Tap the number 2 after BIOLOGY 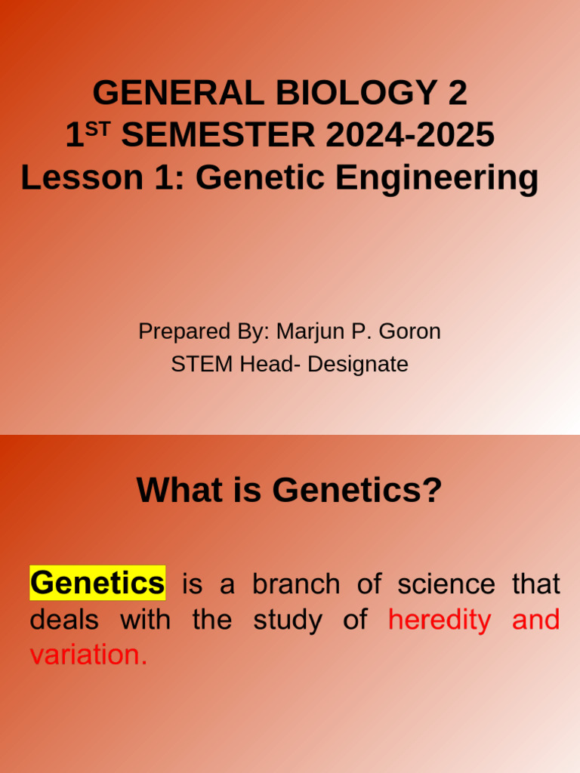[457, 94]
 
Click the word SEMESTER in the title [218, 136]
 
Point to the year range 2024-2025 [410, 136]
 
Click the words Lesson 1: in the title [103, 178]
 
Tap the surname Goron [409, 331]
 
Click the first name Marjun [306, 331]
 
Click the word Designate [357, 365]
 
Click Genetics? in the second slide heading [357, 491]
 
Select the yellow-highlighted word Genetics [97, 584]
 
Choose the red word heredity [440, 621]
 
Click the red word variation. [88, 655]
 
